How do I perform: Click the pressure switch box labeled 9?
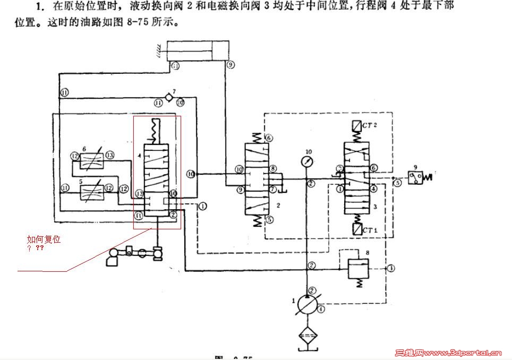pyautogui.click(x=415, y=177)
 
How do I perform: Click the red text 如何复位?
pyautogui.click(x=44, y=239)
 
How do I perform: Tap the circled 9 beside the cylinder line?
pyautogui.click(x=231, y=65)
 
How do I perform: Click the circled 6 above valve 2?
pyautogui.click(x=269, y=138)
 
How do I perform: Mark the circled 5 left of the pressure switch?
pyautogui.click(x=397, y=183)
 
